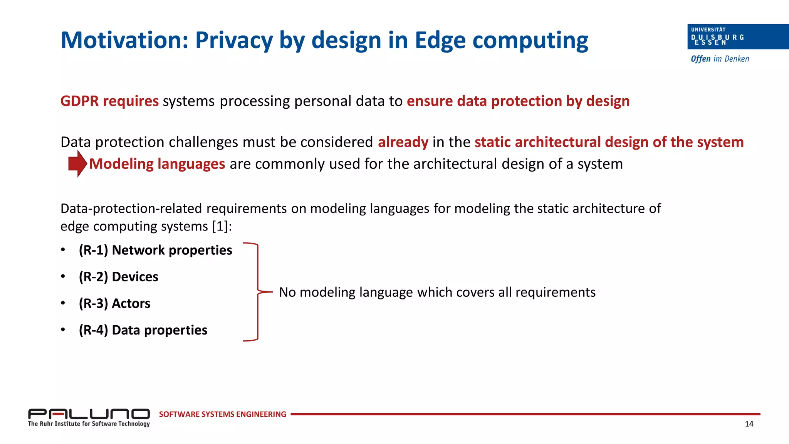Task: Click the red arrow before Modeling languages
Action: (77, 163)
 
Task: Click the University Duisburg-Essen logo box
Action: (737, 37)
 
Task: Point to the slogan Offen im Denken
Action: (720, 59)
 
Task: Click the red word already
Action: (403, 142)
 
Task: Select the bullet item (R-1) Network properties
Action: (155, 250)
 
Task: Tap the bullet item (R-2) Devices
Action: (118, 277)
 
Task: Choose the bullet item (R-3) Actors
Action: (114, 303)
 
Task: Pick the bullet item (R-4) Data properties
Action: (143, 330)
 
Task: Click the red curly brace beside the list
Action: (257, 292)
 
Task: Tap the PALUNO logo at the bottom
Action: (89, 414)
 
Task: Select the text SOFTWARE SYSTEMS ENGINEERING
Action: (222, 414)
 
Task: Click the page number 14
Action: (749, 424)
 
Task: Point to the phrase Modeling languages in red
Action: (157, 164)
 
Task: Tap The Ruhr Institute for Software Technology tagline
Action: (89, 424)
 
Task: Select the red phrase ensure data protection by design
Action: (518, 101)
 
